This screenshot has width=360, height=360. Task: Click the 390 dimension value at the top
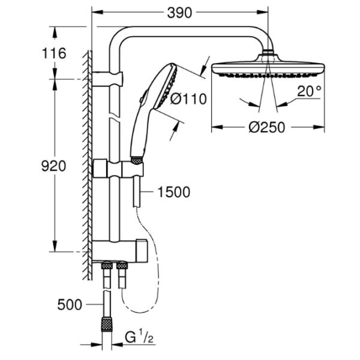[179, 13]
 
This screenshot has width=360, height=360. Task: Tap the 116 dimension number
[54, 53]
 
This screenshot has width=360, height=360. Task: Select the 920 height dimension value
[53, 166]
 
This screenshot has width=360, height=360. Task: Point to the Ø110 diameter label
[188, 99]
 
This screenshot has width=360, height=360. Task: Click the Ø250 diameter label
[266, 127]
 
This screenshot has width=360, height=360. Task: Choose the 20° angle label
[310, 91]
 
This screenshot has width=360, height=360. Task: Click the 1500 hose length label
[174, 192]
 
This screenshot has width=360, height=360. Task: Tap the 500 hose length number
[70, 305]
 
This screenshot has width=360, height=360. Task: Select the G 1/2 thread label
[139, 337]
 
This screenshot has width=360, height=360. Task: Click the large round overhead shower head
[268, 67]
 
